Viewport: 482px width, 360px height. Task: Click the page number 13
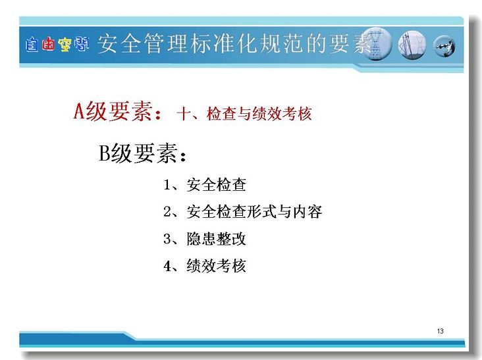tap(441, 331)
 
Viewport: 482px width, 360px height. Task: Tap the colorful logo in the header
tap(57, 44)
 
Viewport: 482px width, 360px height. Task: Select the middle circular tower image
tap(412, 45)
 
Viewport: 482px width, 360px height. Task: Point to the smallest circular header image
tap(444, 46)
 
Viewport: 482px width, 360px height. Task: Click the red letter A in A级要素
tap(79, 111)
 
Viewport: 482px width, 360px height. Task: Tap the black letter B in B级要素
tap(105, 153)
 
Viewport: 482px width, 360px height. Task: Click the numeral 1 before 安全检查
tap(167, 185)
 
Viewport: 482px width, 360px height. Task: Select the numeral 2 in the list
tap(167, 212)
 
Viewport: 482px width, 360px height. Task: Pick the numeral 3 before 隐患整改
tap(167, 239)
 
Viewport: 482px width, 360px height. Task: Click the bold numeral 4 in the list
tap(167, 266)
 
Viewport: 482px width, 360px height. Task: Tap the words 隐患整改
tap(217, 239)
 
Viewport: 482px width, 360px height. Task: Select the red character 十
tap(184, 114)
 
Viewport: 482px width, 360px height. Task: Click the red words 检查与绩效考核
tap(259, 114)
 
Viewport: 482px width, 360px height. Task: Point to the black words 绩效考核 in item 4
tap(217, 266)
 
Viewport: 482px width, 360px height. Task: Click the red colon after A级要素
tap(158, 114)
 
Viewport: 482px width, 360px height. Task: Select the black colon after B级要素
tap(184, 156)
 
